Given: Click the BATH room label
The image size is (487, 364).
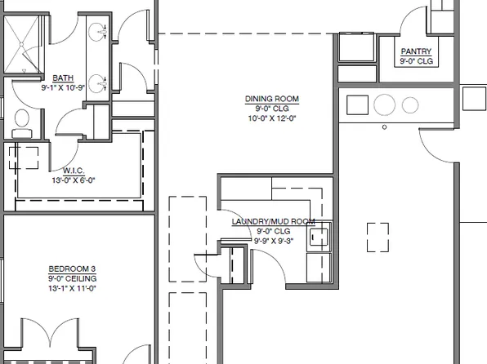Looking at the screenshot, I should (63, 78).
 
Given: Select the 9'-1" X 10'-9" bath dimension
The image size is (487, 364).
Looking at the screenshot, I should (63, 87).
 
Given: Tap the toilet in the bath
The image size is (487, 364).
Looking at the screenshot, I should (21, 122).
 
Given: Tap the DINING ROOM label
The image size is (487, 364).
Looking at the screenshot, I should (272, 99).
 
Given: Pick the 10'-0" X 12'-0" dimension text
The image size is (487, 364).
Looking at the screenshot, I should (272, 117).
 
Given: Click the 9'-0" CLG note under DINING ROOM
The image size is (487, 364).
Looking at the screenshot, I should (272, 108).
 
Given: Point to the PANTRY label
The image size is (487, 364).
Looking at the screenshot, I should (416, 51).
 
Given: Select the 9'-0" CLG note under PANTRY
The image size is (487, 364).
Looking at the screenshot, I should (416, 60).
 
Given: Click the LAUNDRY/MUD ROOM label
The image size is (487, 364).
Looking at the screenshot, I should (273, 221).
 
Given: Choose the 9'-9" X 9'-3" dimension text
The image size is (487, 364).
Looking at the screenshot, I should (273, 240).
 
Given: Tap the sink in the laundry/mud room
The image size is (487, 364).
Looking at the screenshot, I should (318, 237).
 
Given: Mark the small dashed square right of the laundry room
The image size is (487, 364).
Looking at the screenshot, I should (378, 237).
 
